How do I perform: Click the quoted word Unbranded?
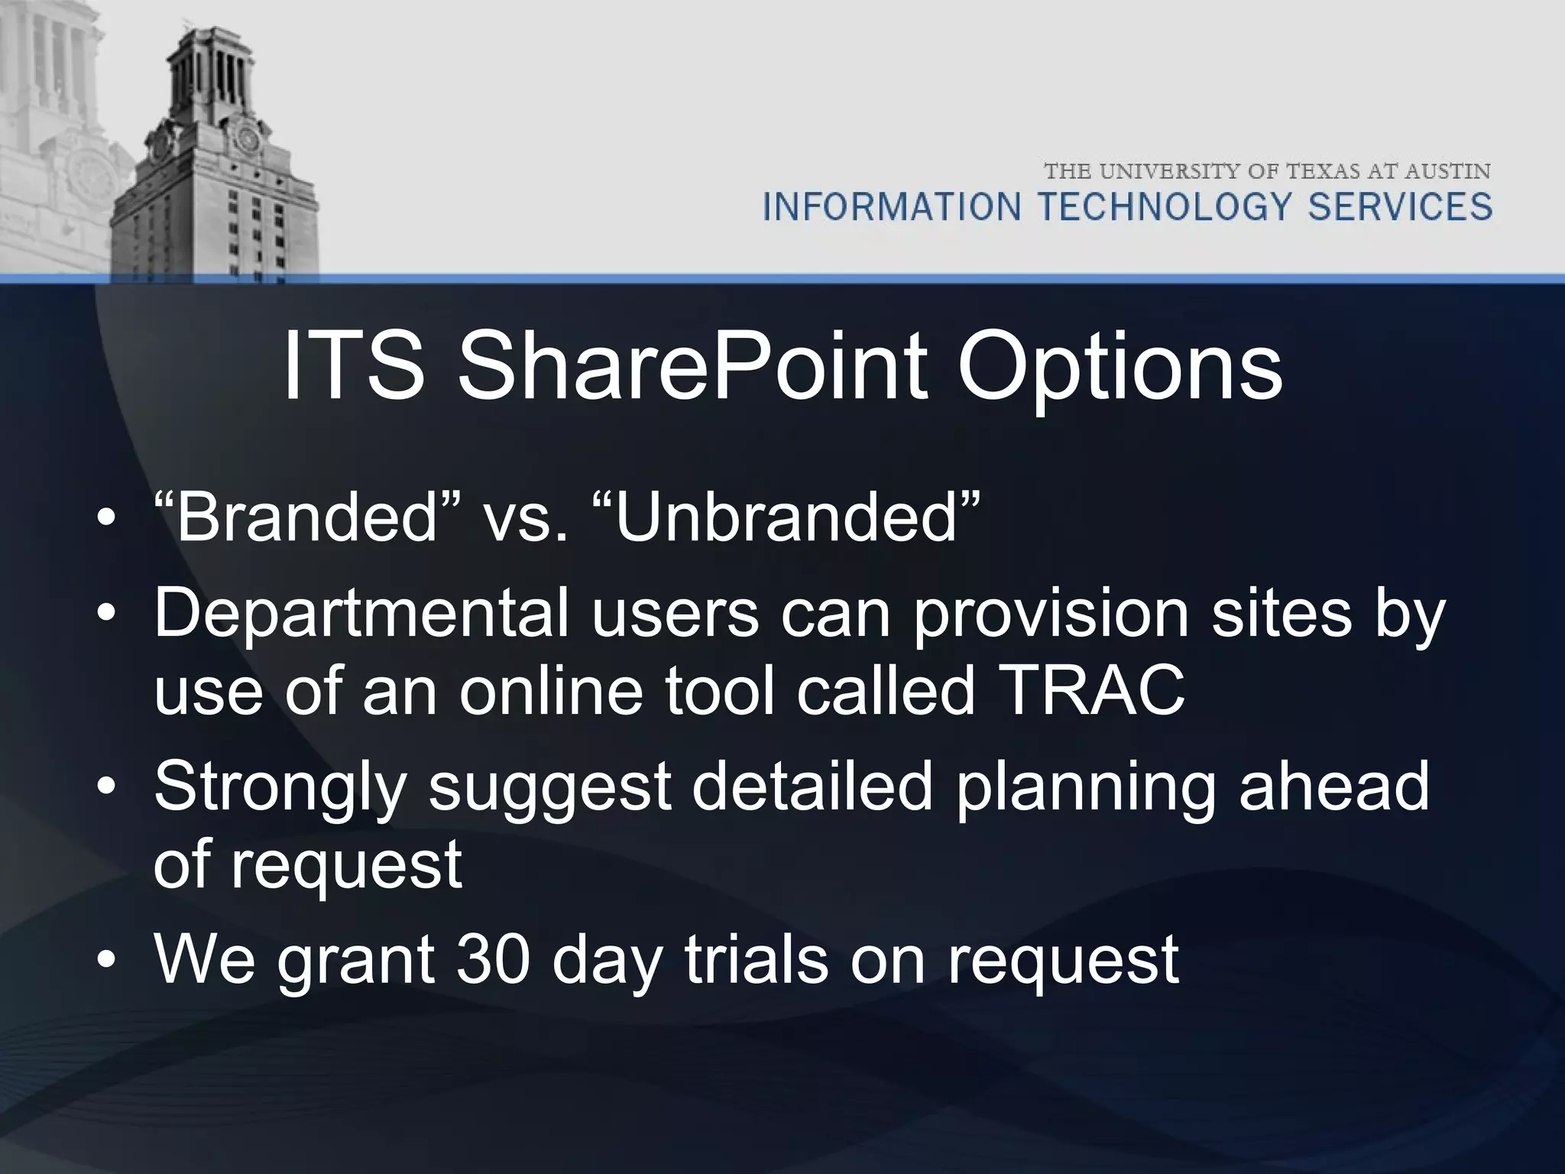pos(786,517)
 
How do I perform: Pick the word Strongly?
pos(278,789)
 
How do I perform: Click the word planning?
pos(1084,789)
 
